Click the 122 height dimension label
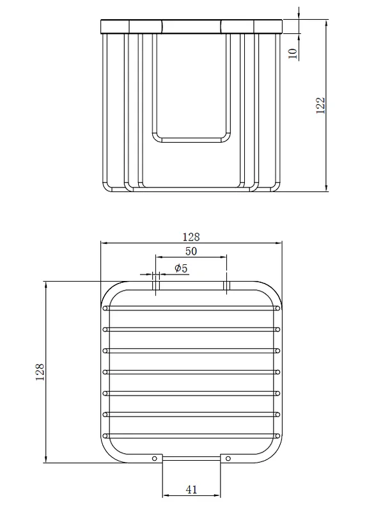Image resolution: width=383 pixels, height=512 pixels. [x=321, y=105]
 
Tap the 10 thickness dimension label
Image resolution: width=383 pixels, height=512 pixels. [x=293, y=54]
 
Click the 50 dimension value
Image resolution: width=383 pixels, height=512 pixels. [x=191, y=251]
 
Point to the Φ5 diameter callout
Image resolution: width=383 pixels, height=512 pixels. [x=181, y=268]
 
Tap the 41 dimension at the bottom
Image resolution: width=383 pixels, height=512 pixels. [x=192, y=490]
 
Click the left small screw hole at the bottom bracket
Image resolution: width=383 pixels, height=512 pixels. [x=155, y=458]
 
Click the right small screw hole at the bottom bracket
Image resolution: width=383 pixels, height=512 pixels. [x=228, y=458]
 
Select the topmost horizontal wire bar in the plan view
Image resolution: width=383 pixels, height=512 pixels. [x=191, y=308]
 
